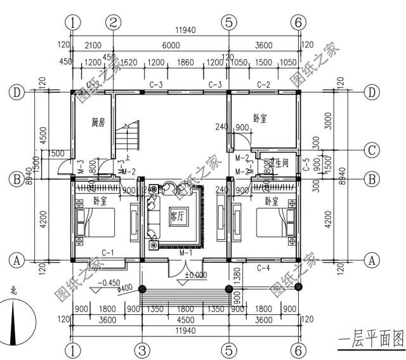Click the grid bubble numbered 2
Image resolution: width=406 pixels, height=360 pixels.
[x=113, y=22]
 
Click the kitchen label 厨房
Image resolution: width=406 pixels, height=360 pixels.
[x=97, y=121]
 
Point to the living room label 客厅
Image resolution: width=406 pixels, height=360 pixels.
[x=178, y=217]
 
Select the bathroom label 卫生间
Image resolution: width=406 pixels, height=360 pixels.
[x=280, y=163]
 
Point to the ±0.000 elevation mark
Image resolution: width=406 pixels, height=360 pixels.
[x=196, y=275]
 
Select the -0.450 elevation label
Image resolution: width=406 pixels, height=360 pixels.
[x=110, y=283]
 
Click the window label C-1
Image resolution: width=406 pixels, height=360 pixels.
[x=107, y=253]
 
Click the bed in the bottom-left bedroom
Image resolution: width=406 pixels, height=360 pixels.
[x=95, y=223]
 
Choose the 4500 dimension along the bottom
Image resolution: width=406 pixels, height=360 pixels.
[x=184, y=321]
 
